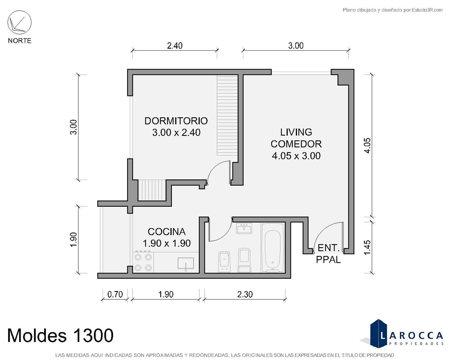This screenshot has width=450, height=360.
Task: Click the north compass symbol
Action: point(19,22)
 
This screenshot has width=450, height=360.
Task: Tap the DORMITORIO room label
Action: point(176,121)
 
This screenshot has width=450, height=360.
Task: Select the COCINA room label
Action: point(167,232)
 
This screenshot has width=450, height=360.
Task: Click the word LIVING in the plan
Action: point(296,132)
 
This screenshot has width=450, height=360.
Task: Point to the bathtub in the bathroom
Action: point(273,248)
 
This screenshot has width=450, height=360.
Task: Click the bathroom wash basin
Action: point(244,228)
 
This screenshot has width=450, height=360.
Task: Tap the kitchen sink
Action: point(186,264)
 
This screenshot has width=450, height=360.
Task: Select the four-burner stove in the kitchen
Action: point(143,262)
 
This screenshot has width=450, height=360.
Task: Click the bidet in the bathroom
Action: point(224,262)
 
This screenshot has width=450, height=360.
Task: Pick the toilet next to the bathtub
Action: point(244,260)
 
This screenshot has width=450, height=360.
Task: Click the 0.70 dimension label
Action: point(115,294)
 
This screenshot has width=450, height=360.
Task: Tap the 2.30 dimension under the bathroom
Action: point(245,294)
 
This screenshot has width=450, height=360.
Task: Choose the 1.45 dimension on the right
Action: point(367,247)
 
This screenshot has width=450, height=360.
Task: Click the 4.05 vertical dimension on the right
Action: point(367,146)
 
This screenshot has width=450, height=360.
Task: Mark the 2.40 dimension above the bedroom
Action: point(175,46)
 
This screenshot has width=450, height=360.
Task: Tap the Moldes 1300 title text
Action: point(60,335)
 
